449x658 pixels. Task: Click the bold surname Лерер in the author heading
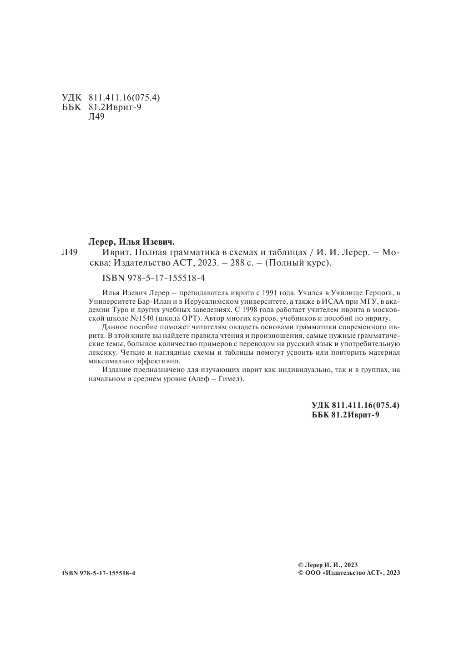pyautogui.click(x=98, y=241)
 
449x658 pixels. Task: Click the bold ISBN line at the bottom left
pyautogui.click(x=98, y=573)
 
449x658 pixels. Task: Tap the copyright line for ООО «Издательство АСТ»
pyautogui.click(x=348, y=573)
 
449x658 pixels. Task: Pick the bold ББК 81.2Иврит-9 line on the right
pyautogui.click(x=345, y=414)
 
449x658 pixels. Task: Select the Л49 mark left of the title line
pyautogui.click(x=70, y=252)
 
